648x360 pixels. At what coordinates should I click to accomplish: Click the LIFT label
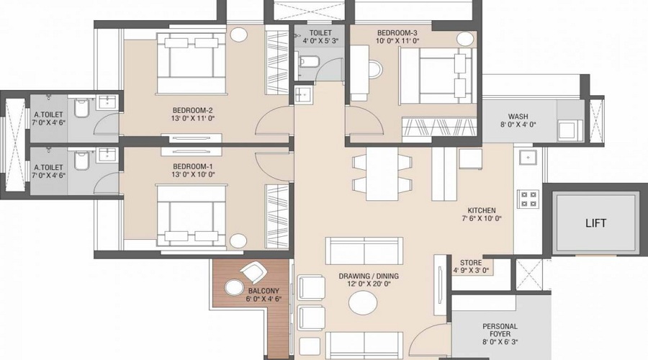coord(595,223)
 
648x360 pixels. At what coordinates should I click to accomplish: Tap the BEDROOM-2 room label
coord(192,110)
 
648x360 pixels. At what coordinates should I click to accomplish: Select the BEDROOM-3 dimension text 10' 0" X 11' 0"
coord(397,40)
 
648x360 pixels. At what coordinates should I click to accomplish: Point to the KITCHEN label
coord(482,210)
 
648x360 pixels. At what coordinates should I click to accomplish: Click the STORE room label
coord(471,263)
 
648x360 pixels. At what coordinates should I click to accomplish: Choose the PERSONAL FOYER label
coord(500,330)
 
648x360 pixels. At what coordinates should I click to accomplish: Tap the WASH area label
coord(518,117)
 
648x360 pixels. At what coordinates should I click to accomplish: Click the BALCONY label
coord(264,291)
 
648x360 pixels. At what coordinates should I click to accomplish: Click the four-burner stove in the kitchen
coord(528,199)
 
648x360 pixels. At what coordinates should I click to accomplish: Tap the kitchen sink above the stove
coord(528,158)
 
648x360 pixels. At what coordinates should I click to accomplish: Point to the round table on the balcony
coord(234,287)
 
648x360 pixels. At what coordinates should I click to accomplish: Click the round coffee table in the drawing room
coord(363,303)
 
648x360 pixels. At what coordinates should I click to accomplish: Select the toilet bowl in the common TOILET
coord(309,62)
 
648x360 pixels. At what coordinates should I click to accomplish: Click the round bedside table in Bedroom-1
coord(238,241)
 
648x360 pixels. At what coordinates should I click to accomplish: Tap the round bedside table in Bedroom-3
coord(465,40)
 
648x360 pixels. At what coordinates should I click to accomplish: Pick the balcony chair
coord(253,272)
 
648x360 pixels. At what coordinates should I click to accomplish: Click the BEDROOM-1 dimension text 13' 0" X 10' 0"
coord(194,174)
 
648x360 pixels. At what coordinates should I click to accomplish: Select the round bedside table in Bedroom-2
coord(238,35)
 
